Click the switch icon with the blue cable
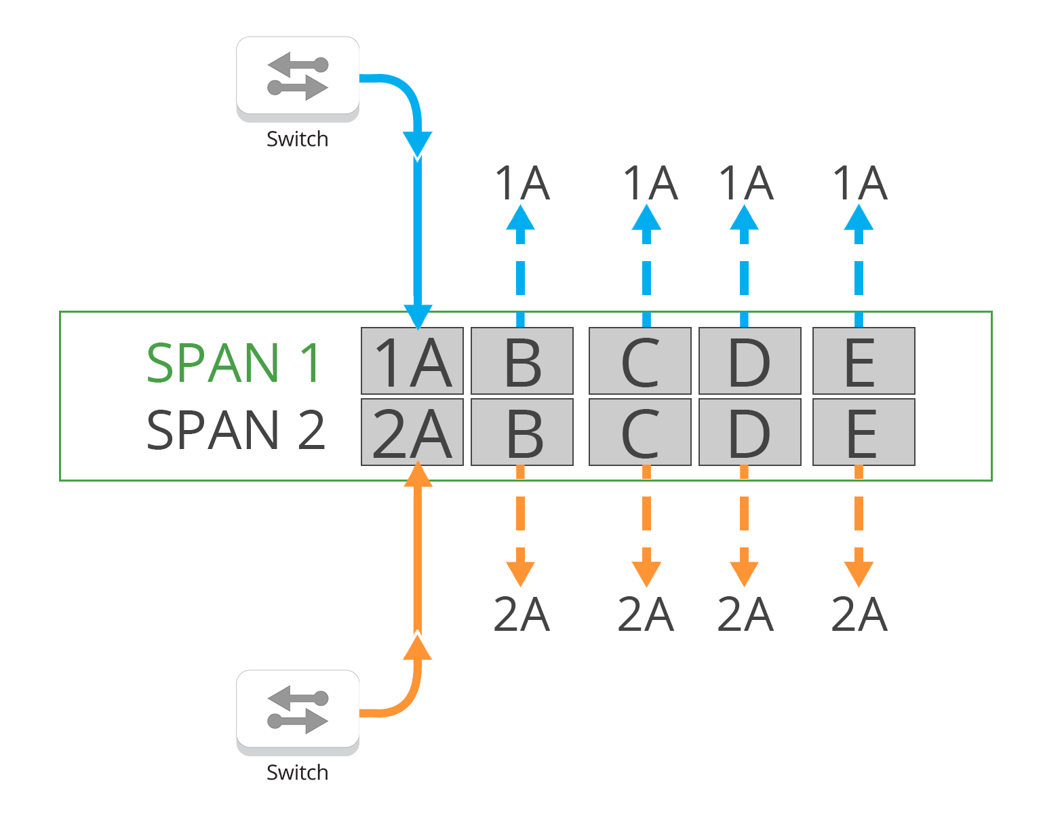point(297,78)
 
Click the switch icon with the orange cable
point(297,712)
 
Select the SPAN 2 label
point(236,430)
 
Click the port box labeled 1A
point(412,361)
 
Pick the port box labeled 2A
point(412,432)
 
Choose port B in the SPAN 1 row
point(522,361)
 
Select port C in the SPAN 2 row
point(640,432)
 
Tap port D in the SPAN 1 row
point(749,361)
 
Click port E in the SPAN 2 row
point(863,432)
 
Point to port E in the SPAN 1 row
point(863,361)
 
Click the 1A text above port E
point(859,183)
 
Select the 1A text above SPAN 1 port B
point(521,183)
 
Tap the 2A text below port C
point(646,615)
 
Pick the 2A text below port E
point(859,615)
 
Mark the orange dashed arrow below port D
point(744,529)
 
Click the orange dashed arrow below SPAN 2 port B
point(520,529)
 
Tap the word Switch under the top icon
point(297,139)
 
